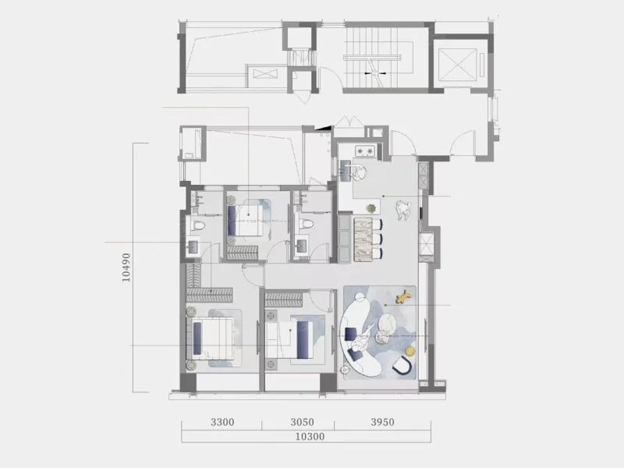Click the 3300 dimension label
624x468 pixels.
[x=222, y=422]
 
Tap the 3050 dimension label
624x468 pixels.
[x=302, y=422]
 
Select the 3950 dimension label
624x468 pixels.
[x=382, y=422]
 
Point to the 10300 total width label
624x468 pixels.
[x=310, y=437]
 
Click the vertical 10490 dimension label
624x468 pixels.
[x=126, y=268]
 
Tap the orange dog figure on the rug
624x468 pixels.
[x=404, y=296]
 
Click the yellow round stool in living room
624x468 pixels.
[x=410, y=350]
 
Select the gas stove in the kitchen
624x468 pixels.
[x=365, y=151]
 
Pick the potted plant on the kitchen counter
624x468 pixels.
[x=371, y=208]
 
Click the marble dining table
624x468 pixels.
[x=363, y=239]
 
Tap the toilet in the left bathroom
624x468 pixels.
[x=198, y=225]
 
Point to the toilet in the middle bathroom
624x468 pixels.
[x=306, y=224]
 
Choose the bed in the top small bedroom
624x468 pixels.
[x=246, y=220]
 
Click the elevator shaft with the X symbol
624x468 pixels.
[x=459, y=64]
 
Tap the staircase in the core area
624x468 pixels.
[x=371, y=57]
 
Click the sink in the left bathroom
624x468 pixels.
[x=193, y=246]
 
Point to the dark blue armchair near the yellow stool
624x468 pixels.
[x=401, y=366]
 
